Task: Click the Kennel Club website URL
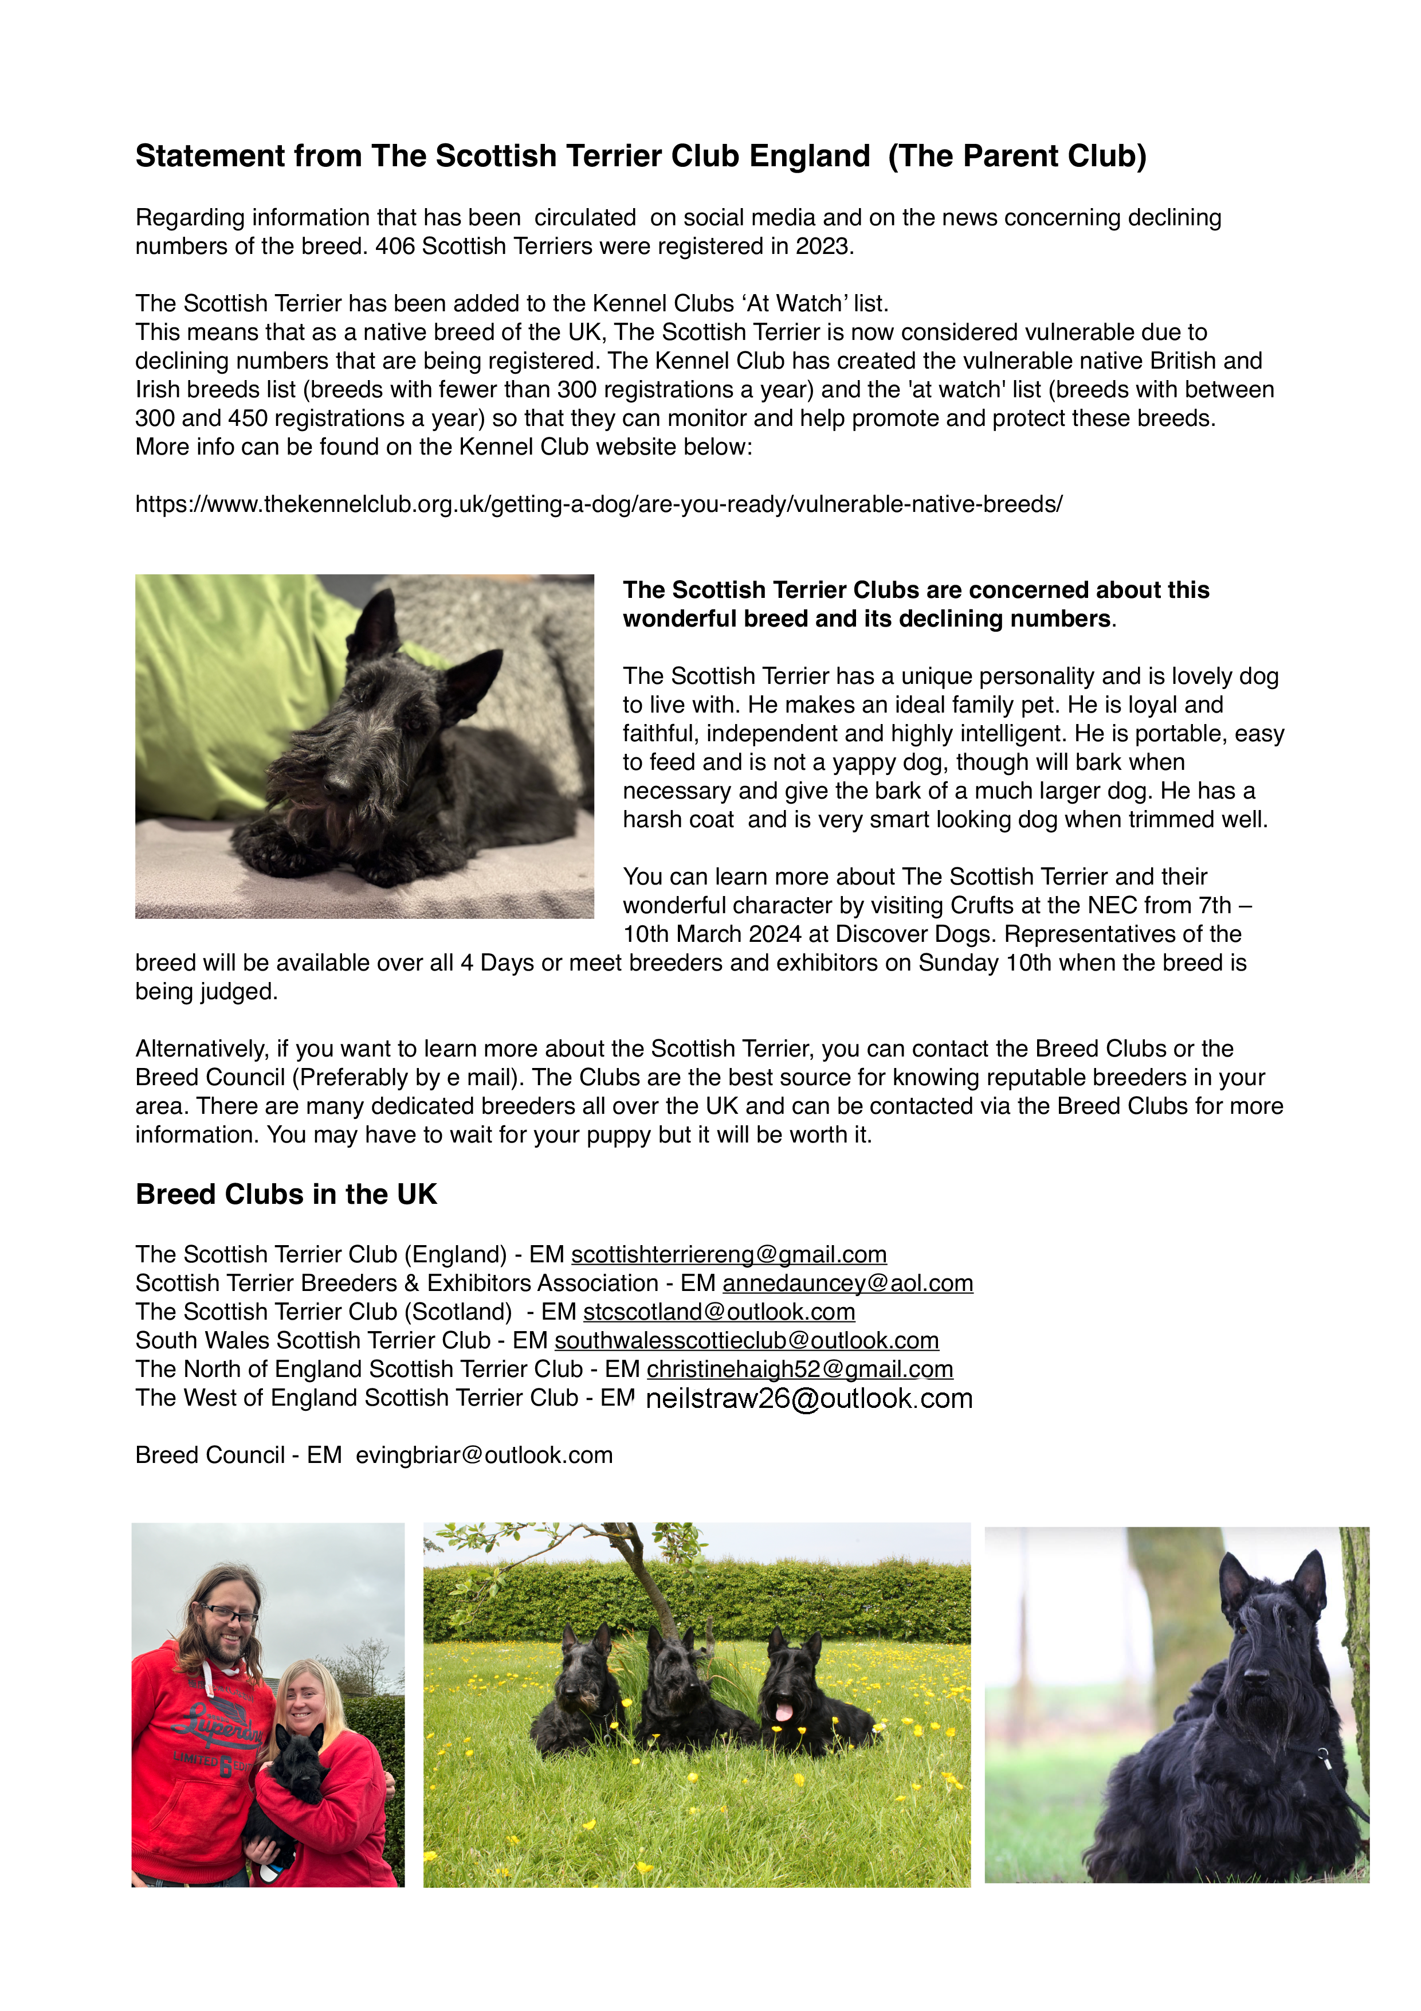coord(598,504)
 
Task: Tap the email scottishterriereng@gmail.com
coord(728,1255)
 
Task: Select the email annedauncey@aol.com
coord(847,1284)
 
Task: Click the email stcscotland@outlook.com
coord(719,1312)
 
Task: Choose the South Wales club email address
coord(746,1341)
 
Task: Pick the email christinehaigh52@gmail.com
coord(799,1370)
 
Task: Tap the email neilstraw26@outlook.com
coord(808,1399)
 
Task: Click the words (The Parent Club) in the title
coord(1016,156)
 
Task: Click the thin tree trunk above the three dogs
coord(645,1576)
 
